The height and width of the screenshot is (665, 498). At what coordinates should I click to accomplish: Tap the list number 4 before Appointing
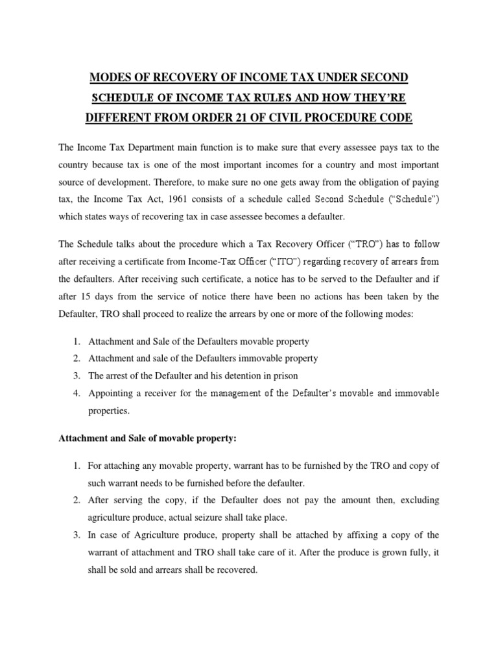click(75, 393)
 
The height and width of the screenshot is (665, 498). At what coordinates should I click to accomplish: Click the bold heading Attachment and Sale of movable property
click(147, 438)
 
